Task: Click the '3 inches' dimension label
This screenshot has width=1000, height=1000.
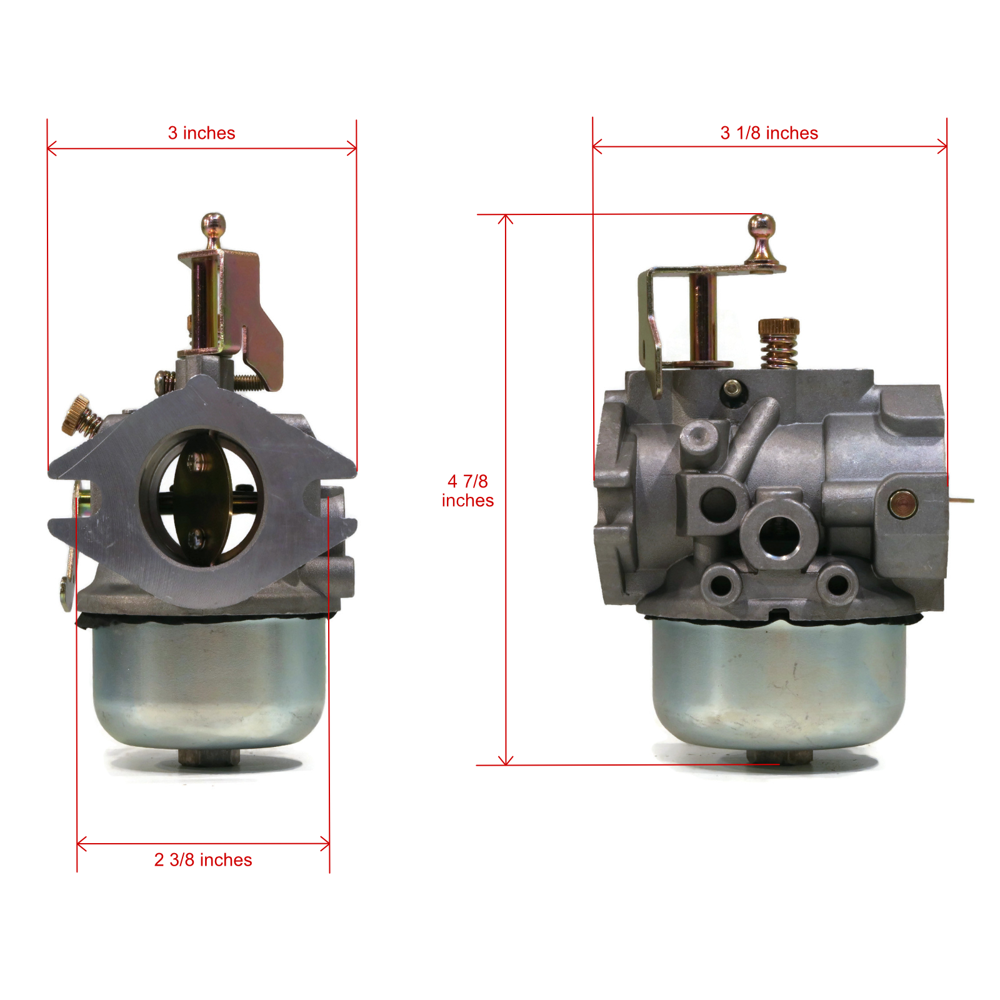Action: coord(201,133)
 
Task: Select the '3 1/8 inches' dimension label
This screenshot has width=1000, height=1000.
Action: coord(769,133)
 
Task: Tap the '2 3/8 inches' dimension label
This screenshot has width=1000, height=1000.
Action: coord(203,860)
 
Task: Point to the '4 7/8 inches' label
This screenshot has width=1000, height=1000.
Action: coord(467,491)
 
